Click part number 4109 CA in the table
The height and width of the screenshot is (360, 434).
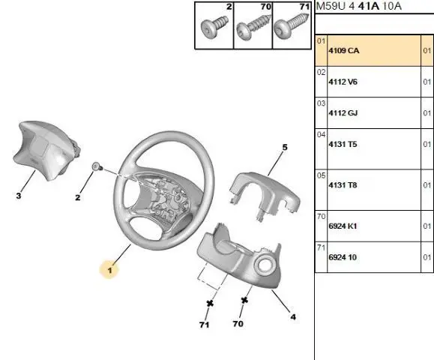pos(344,51)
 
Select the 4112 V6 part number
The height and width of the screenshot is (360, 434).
pos(343,82)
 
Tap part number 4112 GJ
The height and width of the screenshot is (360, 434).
pos(343,113)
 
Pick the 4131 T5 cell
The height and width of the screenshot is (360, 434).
pos(343,144)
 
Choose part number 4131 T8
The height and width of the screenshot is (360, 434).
pos(343,185)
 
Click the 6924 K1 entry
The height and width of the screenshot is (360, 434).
pos(343,226)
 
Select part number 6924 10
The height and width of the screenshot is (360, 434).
pos(343,257)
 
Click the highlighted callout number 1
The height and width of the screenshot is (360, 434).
pos(109,270)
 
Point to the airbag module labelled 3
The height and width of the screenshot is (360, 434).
pos(46,150)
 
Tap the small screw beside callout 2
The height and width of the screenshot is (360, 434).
pos(97,166)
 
